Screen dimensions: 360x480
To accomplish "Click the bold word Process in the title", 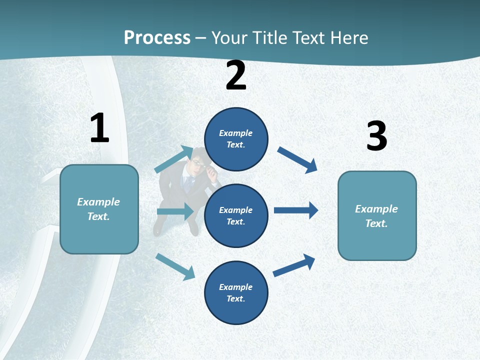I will (x=157, y=37).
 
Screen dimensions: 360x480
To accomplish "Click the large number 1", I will (x=99, y=128).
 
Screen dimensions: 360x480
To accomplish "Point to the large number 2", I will (x=236, y=75).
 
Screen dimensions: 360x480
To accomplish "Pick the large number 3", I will (x=376, y=136).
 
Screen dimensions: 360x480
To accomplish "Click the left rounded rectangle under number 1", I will (x=99, y=209).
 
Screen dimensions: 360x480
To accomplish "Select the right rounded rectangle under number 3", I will (x=377, y=215).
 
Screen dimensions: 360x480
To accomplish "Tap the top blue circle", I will (x=236, y=139).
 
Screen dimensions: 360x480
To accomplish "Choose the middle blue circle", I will (x=236, y=215).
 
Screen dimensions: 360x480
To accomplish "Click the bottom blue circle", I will (x=236, y=292).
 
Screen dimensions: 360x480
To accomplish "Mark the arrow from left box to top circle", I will (x=174, y=159).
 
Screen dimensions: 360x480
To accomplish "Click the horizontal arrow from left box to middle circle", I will (x=175, y=212).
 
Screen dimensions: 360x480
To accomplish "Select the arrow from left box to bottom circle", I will (x=175, y=266).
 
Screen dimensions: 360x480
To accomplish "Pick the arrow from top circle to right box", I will (x=297, y=159).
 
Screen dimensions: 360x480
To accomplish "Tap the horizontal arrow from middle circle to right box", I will (x=296, y=210).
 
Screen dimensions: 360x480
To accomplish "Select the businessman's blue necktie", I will (x=188, y=183).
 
